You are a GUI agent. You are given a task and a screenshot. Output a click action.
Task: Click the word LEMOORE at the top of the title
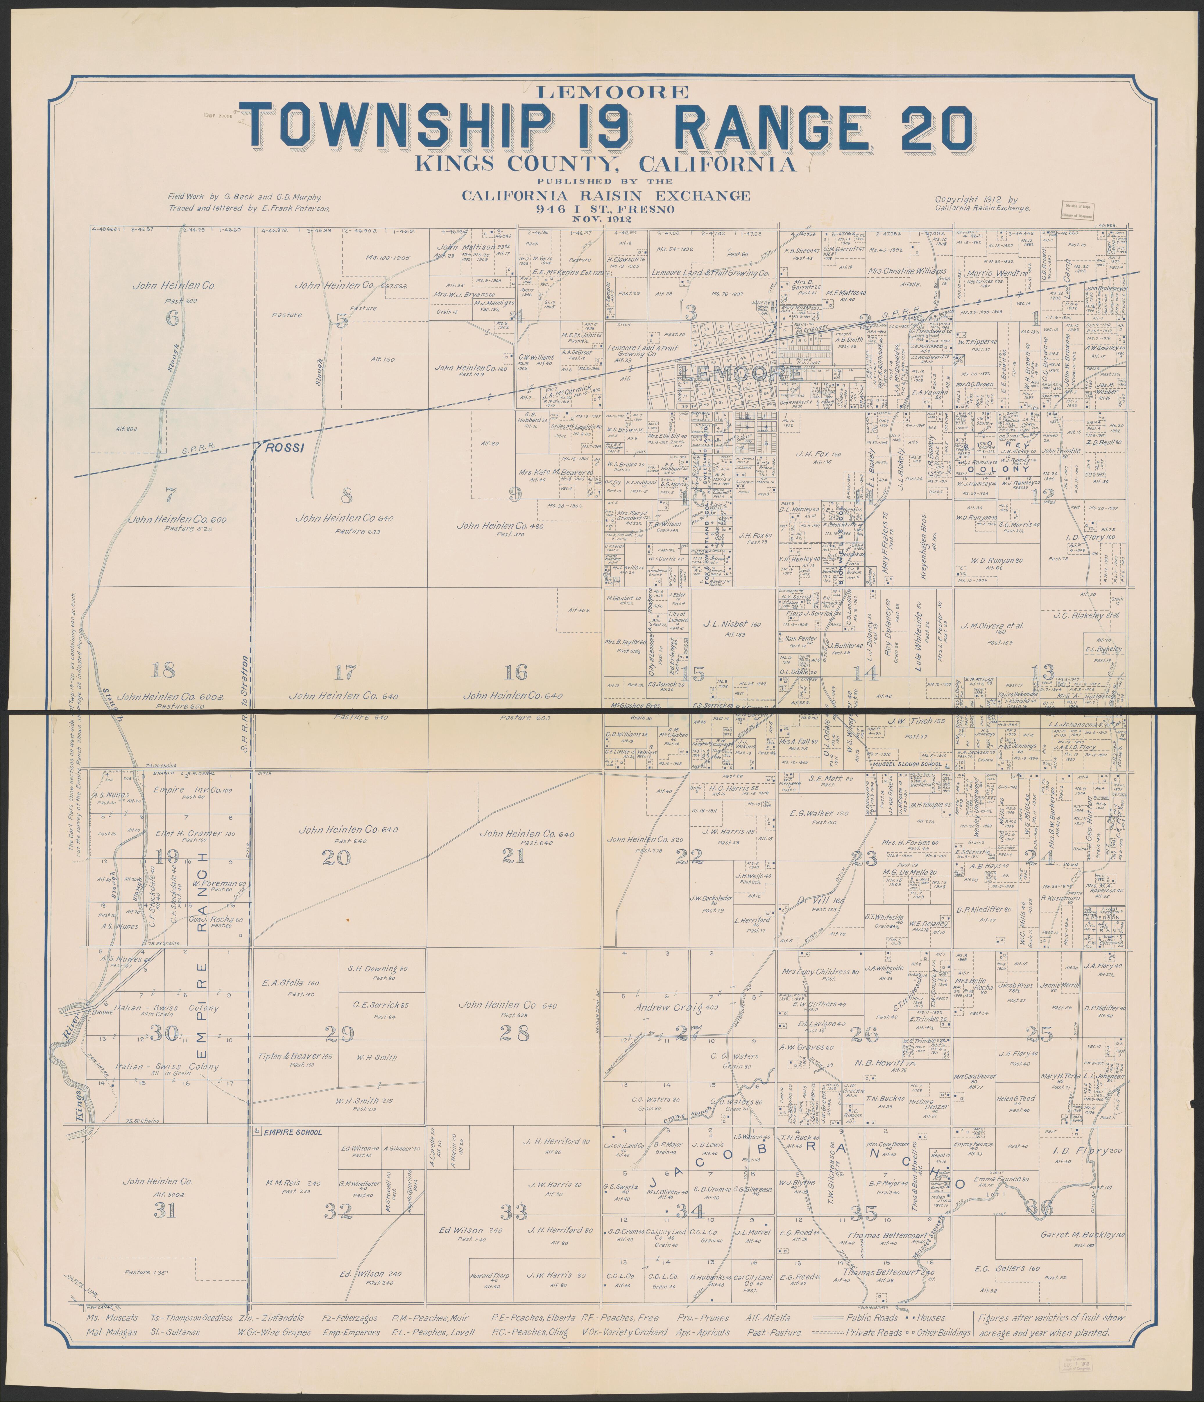click(x=602, y=91)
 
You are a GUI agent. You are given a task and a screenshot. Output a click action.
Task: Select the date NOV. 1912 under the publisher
click(x=602, y=219)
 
